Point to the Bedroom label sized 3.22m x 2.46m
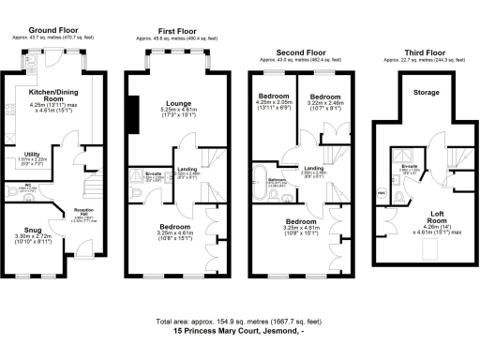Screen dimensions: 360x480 coord(323,97)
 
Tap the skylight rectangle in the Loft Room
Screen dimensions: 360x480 coord(382,193)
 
